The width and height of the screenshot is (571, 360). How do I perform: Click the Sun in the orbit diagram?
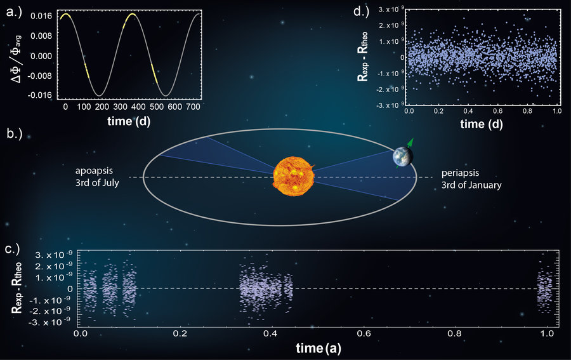click(x=294, y=177)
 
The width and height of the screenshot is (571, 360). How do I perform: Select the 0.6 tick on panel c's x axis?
click(x=364, y=333)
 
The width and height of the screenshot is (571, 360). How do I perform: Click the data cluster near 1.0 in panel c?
click(x=544, y=289)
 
